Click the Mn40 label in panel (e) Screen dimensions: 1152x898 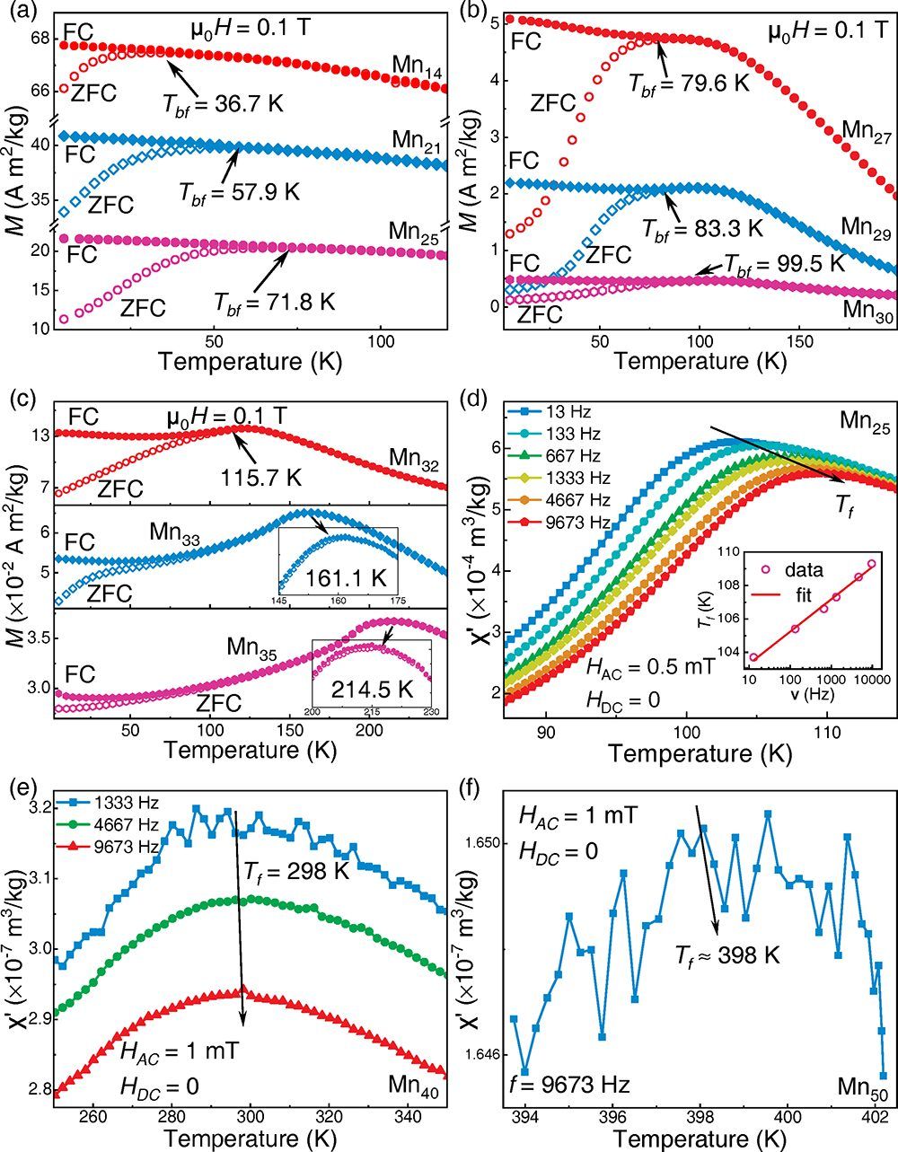(417, 1084)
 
